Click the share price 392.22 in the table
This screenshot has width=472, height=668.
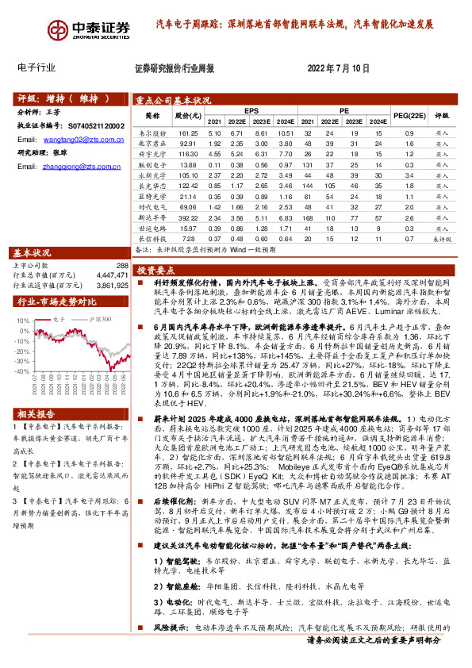tap(188, 216)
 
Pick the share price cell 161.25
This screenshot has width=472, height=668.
tap(188, 133)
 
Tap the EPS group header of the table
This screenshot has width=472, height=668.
tap(251, 111)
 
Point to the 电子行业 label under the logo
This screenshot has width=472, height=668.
tap(36, 67)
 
